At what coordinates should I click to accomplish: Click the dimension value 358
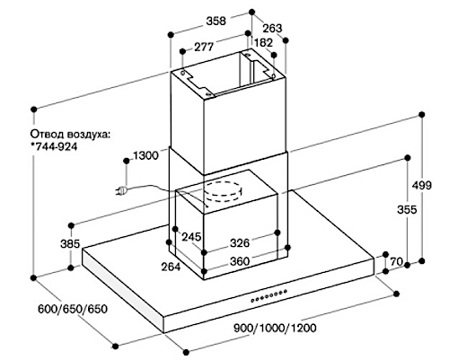click(216, 21)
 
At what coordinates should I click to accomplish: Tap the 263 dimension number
click(272, 28)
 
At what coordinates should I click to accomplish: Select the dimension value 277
click(204, 47)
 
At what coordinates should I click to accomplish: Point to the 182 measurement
click(263, 43)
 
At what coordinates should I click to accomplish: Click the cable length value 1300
click(145, 155)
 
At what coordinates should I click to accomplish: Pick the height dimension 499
click(422, 185)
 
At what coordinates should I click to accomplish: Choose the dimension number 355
click(407, 209)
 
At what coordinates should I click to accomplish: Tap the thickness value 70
click(397, 261)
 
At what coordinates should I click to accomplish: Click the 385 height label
click(70, 243)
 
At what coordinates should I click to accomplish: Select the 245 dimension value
click(191, 237)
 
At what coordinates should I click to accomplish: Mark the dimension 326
click(240, 242)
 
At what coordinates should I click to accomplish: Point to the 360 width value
click(240, 261)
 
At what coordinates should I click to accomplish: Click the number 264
click(171, 267)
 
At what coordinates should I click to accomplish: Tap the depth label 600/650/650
click(73, 309)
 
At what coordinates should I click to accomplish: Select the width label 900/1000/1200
click(275, 328)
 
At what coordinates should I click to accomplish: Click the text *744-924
click(54, 146)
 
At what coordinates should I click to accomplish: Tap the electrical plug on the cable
click(122, 190)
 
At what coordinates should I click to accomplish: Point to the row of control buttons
click(269, 295)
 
